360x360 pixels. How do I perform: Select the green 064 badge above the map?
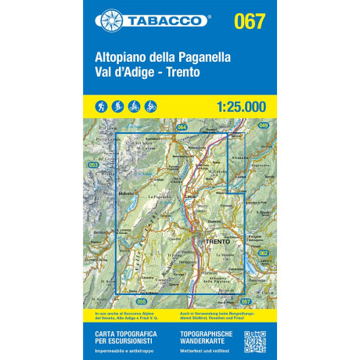click(x=182, y=127)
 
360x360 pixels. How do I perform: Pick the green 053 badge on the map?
click(x=93, y=165)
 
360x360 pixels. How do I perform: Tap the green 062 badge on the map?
click(x=263, y=253)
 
